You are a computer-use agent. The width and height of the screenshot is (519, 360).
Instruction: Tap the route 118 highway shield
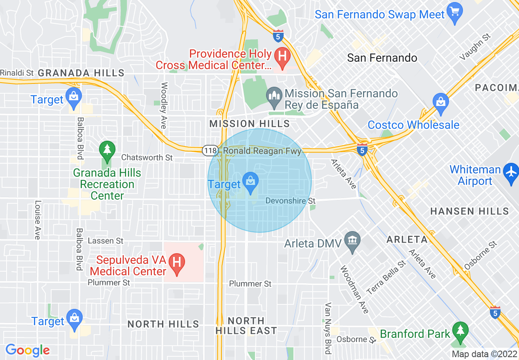(210, 151)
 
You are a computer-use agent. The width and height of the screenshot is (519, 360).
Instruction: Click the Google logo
(28, 350)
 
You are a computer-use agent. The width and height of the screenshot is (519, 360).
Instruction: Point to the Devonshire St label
(291, 201)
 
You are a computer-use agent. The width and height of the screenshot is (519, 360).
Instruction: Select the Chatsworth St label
(147, 157)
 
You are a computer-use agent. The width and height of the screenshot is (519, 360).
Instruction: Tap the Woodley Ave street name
(165, 106)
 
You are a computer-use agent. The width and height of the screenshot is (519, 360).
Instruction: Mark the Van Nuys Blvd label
(328, 328)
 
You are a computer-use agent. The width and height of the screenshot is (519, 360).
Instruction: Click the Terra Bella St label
(386, 277)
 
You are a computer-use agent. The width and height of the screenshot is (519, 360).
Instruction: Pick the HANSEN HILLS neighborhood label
(469, 211)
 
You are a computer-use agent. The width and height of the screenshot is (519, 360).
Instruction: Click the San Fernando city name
(382, 58)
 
